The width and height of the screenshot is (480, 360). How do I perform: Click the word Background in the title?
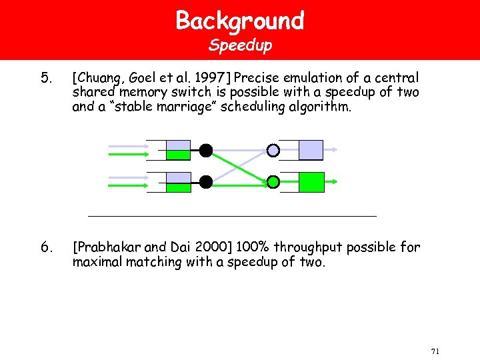coord(240,21)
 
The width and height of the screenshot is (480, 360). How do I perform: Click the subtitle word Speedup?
coord(240,46)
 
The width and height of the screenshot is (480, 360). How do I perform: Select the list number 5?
coord(45,78)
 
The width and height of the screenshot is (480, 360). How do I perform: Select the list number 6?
coord(45,248)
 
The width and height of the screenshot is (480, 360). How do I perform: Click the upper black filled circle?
coord(206,151)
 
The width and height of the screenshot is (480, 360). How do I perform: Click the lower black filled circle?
coord(206,181)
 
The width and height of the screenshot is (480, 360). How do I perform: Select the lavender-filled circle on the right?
coord(273,151)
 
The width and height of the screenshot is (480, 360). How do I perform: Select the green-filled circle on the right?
coord(273,181)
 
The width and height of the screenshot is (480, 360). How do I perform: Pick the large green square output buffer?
coord(311,182)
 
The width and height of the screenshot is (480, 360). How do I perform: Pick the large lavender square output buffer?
coord(311,150)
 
